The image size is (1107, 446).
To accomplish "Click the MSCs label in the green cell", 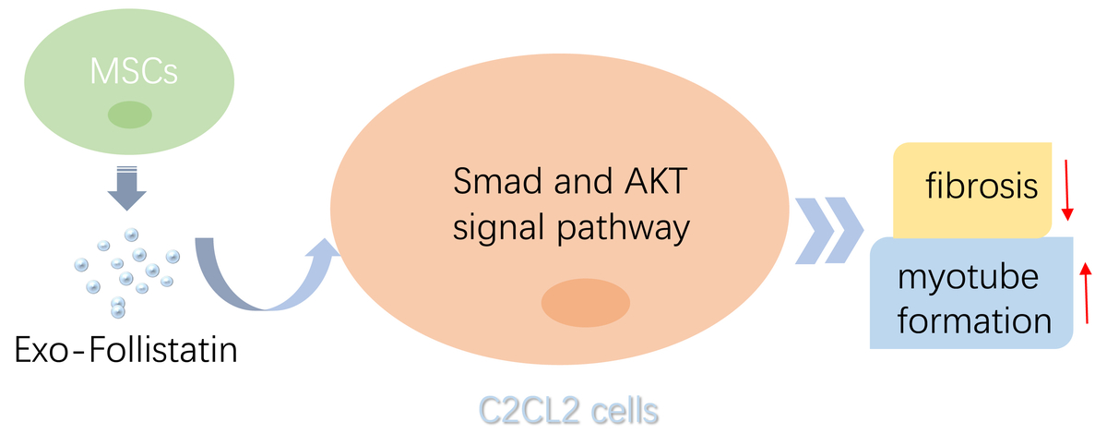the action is pos(134,72).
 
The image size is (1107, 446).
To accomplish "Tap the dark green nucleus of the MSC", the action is pos(130,115).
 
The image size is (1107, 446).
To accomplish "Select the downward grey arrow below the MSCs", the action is pos(127,188).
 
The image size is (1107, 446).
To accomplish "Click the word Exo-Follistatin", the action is pos(126,350).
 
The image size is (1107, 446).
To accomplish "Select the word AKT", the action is pos(656,181).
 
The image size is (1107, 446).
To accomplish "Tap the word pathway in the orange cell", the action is pos(624,228).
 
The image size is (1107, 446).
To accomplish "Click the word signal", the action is pos(498,228).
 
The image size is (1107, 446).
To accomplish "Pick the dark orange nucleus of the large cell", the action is pos(586,303).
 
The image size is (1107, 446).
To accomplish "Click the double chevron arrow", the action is pos(829,231).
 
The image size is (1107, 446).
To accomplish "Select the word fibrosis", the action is pos(982,186).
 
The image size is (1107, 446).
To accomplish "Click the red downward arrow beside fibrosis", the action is pos(1067,190).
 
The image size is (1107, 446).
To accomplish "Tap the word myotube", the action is pos(968,277).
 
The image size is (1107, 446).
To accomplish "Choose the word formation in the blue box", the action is pos(974,321).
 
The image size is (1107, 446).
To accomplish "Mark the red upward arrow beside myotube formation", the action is pos(1086,294).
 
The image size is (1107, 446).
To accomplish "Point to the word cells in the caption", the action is pos(625,410).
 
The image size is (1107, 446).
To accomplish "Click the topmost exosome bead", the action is pos(131,235).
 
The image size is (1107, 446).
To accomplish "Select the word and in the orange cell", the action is pos(583,181).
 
